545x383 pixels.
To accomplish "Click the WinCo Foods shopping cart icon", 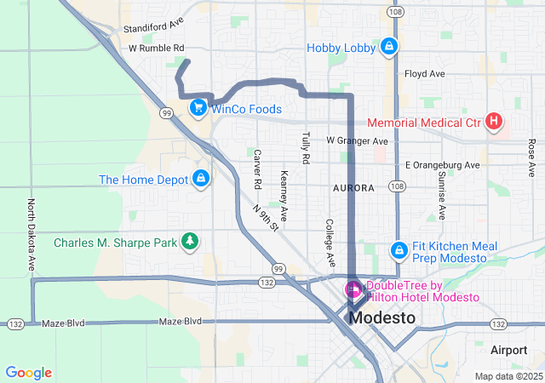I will [198, 108].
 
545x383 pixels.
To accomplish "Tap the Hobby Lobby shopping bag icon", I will [388, 45].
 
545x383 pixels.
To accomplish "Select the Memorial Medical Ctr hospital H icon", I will [494, 122].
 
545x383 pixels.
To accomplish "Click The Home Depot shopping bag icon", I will [202, 178].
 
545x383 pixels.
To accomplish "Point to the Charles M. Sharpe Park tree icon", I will [190, 243].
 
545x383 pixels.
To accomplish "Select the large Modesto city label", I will [382, 317].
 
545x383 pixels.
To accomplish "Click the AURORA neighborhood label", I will [354, 187].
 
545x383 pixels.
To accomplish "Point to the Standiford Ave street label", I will [153, 28].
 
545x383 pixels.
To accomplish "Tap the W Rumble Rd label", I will [156, 49].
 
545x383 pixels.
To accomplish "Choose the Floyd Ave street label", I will [425, 74].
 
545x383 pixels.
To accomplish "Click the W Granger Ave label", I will [358, 140].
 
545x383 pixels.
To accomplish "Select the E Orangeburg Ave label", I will [442, 164].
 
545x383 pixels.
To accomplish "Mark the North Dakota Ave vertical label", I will [32, 236].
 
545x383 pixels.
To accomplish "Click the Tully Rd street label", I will [304, 147].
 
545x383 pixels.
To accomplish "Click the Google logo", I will [28, 373].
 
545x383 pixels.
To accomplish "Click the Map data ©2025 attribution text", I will [508, 376].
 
